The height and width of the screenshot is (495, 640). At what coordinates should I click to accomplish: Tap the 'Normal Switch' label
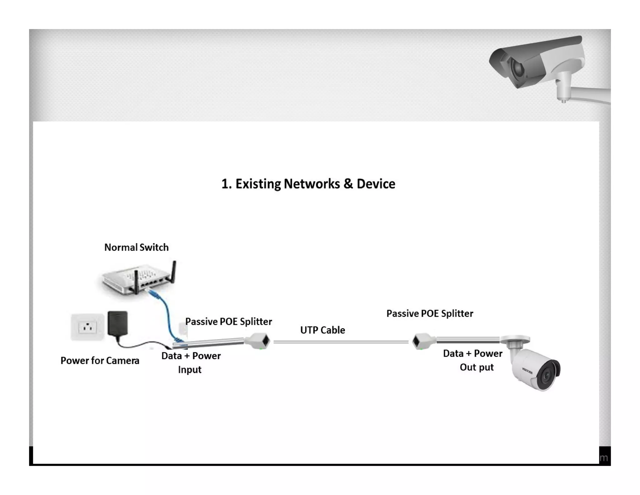click(x=136, y=247)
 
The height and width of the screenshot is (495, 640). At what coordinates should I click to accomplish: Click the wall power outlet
click(x=87, y=327)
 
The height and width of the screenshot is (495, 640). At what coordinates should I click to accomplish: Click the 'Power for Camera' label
click(x=100, y=360)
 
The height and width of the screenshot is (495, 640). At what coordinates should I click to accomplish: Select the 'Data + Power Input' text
click(x=191, y=362)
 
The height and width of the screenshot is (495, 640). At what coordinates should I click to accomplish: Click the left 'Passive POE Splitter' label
click(x=228, y=322)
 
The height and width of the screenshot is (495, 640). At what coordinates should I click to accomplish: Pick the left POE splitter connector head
click(x=258, y=341)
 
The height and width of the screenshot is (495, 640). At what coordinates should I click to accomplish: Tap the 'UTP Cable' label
click(x=322, y=330)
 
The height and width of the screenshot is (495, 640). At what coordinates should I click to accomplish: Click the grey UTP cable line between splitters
click(x=341, y=342)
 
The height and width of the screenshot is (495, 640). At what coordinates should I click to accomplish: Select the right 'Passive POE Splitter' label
click(x=430, y=314)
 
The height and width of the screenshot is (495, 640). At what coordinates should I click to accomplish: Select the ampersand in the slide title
click(x=348, y=184)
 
